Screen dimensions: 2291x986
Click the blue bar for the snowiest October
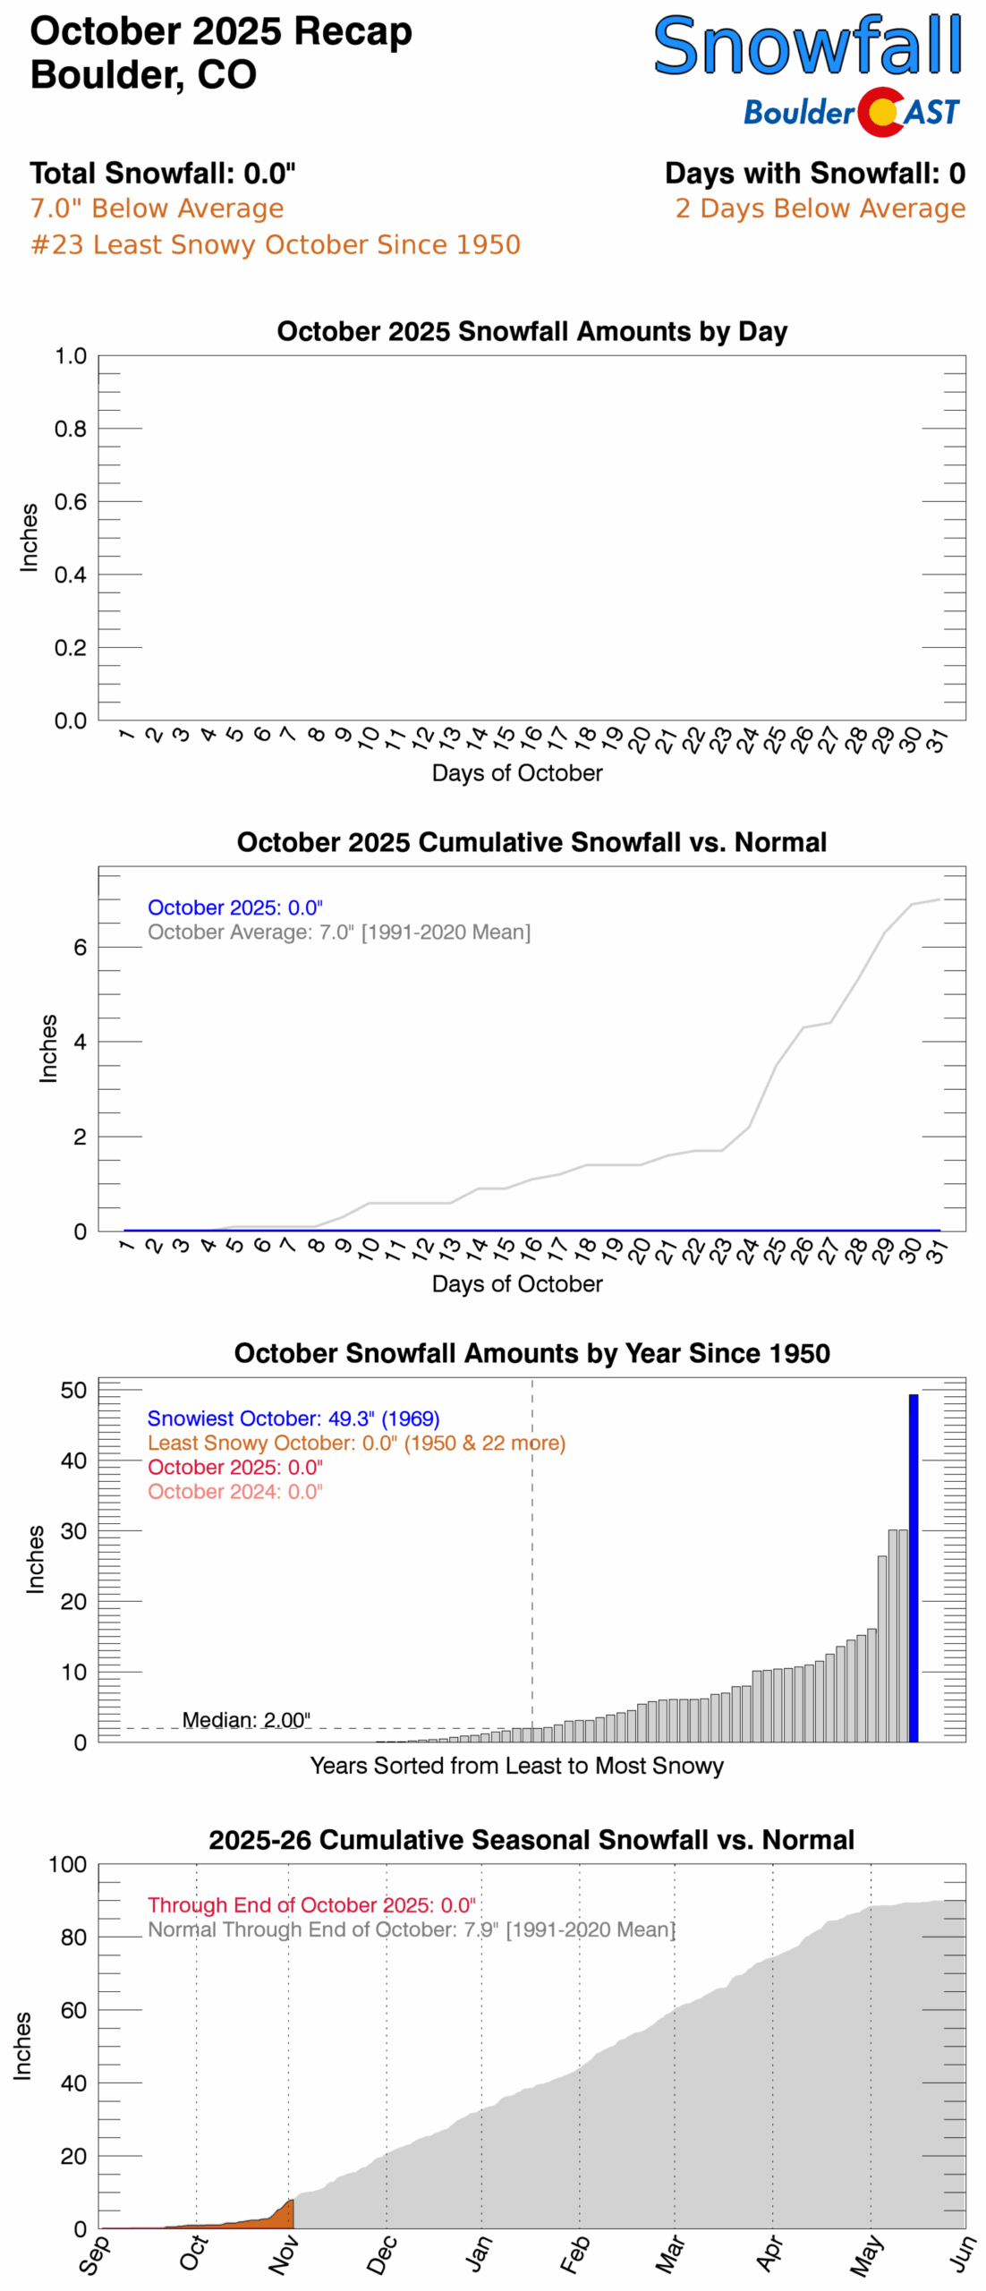(x=913, y=1566)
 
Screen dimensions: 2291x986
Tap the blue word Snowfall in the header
(x=807, y=47)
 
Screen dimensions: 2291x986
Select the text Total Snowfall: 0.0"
(x=162, y=173)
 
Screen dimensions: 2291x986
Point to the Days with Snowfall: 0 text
(x=814, y=173)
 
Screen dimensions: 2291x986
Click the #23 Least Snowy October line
(x=275, y=244)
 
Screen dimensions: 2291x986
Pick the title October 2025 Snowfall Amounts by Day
(x=531, y=331)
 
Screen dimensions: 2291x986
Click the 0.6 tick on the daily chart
(x=71, y=502)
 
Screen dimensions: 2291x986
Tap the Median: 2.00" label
(x=246, y=1719)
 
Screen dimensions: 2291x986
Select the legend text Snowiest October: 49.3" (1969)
(x=293, y=1418)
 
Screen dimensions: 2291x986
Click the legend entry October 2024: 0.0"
(x=234, y=1491)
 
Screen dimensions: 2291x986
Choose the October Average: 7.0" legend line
(x=338, y=932)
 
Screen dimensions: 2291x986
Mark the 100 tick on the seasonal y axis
(x=68, y=1864)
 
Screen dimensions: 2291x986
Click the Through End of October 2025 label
(x=310, y=1904)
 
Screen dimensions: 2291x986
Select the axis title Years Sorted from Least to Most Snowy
(x=516, y=1766)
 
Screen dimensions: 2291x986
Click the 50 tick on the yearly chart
(x=73, y=1390)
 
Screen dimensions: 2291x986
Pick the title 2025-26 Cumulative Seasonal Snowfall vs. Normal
(x=531, y=1839)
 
